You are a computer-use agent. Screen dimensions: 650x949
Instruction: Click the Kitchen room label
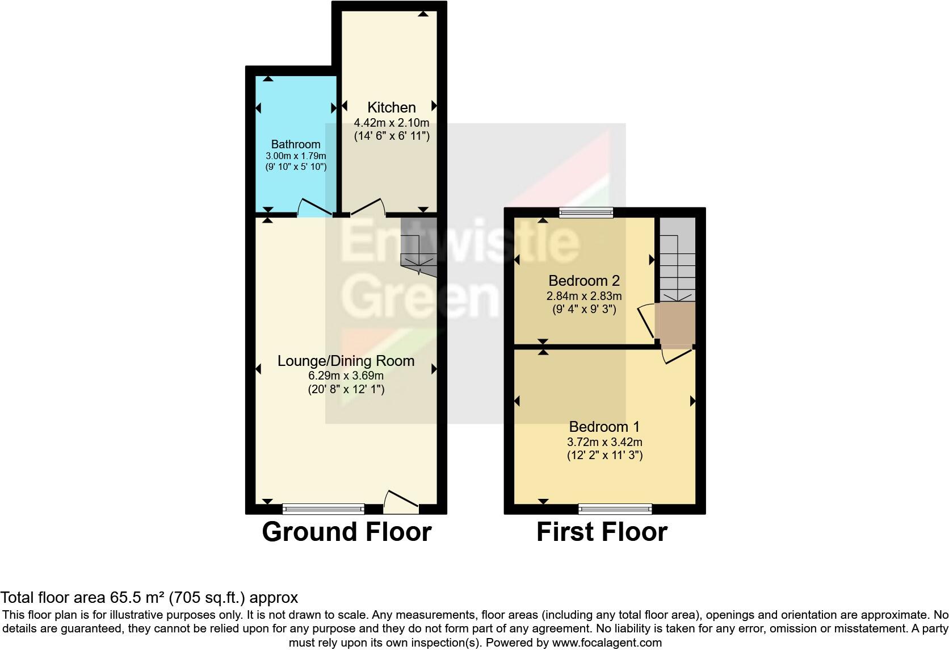[x=391, y=107]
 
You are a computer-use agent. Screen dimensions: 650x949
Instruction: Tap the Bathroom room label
[x=295, y=144]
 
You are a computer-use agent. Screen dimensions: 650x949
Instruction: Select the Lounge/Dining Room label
[x=346, y=361]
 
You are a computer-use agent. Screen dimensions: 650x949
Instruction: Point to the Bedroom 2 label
[x=583, y=281]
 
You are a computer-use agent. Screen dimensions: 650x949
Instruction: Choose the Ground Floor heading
[x=346, y=532]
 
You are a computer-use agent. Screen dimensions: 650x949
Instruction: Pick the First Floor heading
[x=602, y=532]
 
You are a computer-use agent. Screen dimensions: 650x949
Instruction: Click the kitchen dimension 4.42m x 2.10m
[x=391, y=122]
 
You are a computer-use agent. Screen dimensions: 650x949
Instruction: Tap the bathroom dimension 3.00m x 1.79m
[x=295, y=156]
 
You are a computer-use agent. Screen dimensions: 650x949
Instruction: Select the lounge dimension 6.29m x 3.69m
[x=346, y=376]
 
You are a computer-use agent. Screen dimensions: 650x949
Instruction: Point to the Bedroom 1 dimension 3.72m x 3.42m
[x=604, y=442]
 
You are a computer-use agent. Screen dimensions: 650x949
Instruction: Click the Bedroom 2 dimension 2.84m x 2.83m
[x=583, y=296]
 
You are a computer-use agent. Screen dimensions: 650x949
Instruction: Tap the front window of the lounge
[x=324, y=508]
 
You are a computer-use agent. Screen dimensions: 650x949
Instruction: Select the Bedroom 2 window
[x=586, y=213]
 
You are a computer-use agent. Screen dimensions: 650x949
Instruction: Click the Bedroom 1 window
[x=615, y=508]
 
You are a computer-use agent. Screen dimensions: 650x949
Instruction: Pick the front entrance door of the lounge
[x=401, y=500]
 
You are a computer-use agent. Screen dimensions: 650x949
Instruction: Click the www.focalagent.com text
[x=607, y=643]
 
